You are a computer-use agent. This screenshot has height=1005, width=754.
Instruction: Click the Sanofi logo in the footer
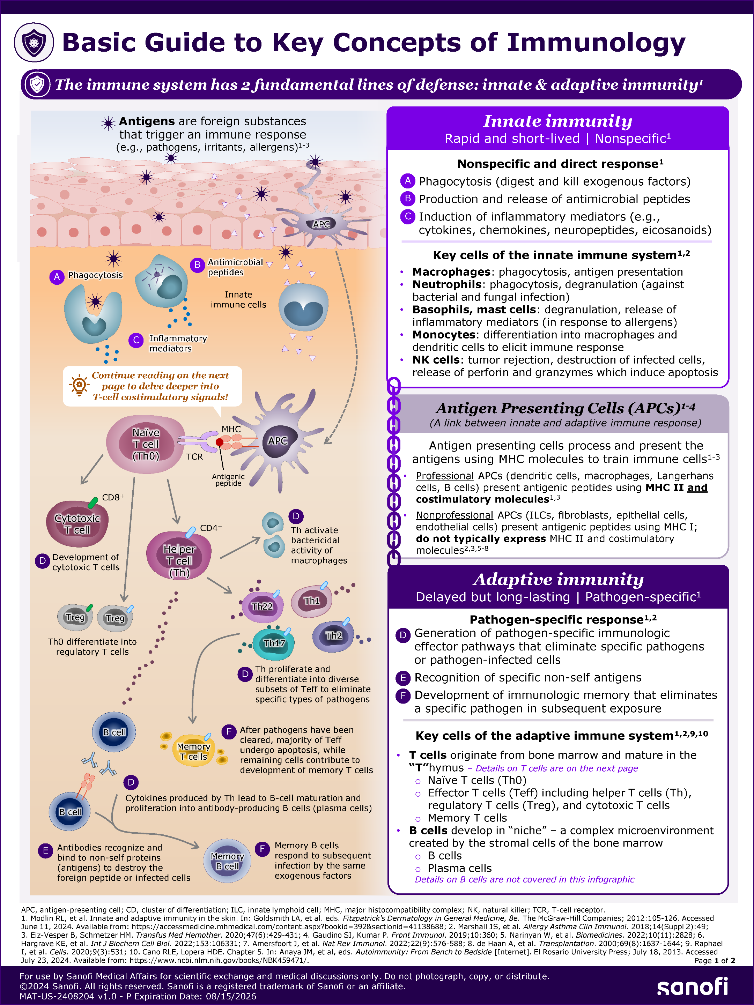692,987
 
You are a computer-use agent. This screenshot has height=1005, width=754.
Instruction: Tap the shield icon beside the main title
34,42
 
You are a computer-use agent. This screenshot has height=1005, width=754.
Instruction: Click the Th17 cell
274,643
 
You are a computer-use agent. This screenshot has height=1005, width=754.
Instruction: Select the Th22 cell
263,606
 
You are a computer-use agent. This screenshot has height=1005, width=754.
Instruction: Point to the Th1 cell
312,601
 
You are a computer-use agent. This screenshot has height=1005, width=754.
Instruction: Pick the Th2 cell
333,635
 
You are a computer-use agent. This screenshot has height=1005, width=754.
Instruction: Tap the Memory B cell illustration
227,861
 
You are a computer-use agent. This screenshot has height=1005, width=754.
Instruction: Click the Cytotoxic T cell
77,524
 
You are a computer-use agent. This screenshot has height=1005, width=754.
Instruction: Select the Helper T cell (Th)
179,556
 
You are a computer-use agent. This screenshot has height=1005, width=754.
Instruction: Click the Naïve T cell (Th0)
146,444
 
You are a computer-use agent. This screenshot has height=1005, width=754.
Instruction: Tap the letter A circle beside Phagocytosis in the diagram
57,277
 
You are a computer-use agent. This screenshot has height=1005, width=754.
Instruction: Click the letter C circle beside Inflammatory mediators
136,340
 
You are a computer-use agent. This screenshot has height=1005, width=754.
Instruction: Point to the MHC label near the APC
231,429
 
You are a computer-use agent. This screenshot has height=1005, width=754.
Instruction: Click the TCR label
194,456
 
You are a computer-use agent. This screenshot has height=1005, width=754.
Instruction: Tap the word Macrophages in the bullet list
451,272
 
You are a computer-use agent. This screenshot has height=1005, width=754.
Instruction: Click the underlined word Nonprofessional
454,515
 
